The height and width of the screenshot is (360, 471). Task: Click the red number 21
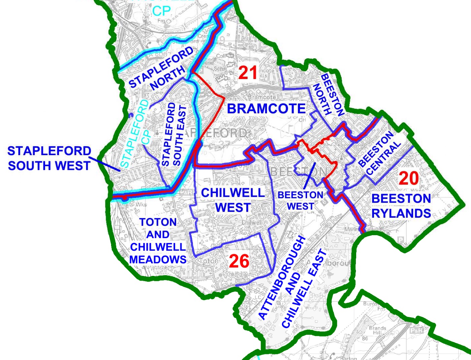click(248, 73)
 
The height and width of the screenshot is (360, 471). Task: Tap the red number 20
click(408, 178)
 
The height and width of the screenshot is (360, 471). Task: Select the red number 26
click(239, 261)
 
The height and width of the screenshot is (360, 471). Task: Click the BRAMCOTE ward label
click(266, 109)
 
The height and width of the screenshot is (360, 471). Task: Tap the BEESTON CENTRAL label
click(379, 153)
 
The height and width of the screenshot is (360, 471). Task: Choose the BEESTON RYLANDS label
click(401, 206)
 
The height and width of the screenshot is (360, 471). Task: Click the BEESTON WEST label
click(300, 201)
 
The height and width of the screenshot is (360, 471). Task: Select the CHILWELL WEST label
click(233, 200)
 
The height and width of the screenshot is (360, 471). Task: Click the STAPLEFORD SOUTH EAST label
click(174, 135)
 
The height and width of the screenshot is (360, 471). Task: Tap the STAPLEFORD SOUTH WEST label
click(49, 158)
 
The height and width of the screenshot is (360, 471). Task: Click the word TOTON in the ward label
click(158, 222)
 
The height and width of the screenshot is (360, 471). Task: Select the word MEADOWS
click(158, 260)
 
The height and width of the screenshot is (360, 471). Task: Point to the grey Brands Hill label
click(377, 330)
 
